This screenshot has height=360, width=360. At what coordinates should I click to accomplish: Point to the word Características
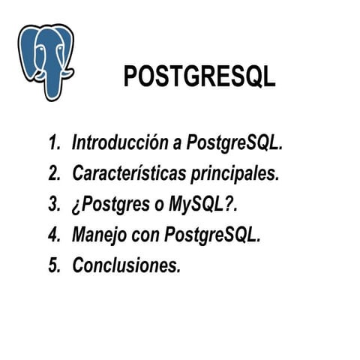[x=127, y=173]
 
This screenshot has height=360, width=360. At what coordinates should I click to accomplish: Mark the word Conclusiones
[x=127, y=265]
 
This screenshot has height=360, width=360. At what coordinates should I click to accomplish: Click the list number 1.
[x=53, y=142]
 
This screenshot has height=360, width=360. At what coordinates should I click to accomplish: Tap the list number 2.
[x=54, y=173]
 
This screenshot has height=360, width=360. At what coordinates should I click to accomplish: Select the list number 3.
[x=54, y=204]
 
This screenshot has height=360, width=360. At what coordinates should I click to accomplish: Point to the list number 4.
[x=54, y=234]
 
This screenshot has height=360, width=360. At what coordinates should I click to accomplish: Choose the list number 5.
[x=54, y=265]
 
